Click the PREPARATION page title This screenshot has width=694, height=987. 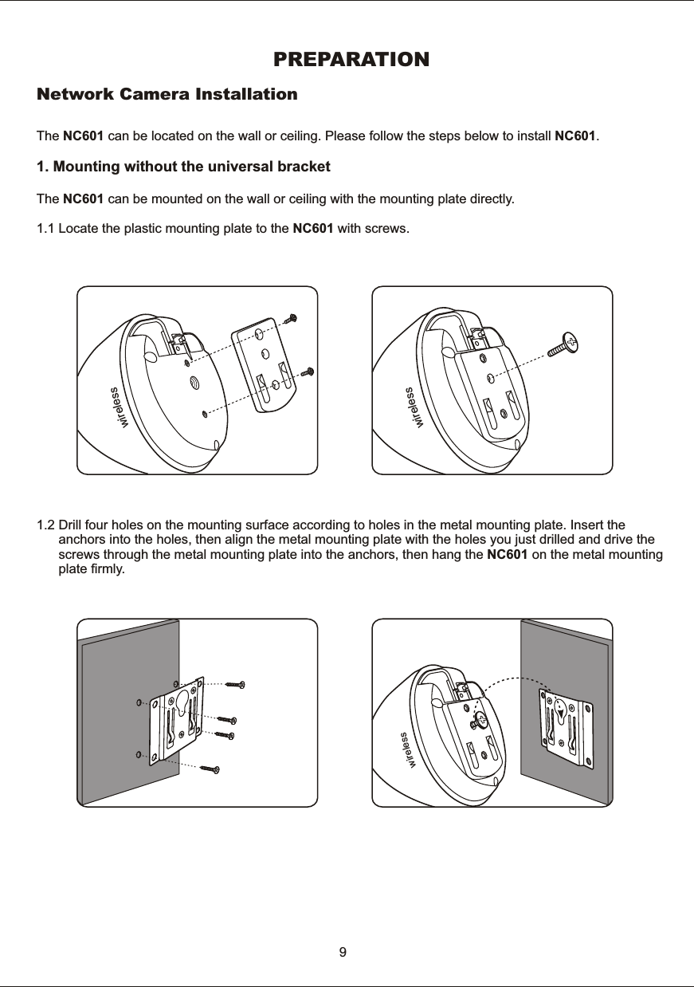coord(351,60)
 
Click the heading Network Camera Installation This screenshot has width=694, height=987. coord(167,95)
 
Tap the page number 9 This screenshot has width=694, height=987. coord(343,952)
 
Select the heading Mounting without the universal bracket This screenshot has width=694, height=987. coord(184,168)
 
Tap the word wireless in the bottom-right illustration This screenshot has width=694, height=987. coord(409,750)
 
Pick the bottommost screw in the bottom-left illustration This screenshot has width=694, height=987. coord(210,769)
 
